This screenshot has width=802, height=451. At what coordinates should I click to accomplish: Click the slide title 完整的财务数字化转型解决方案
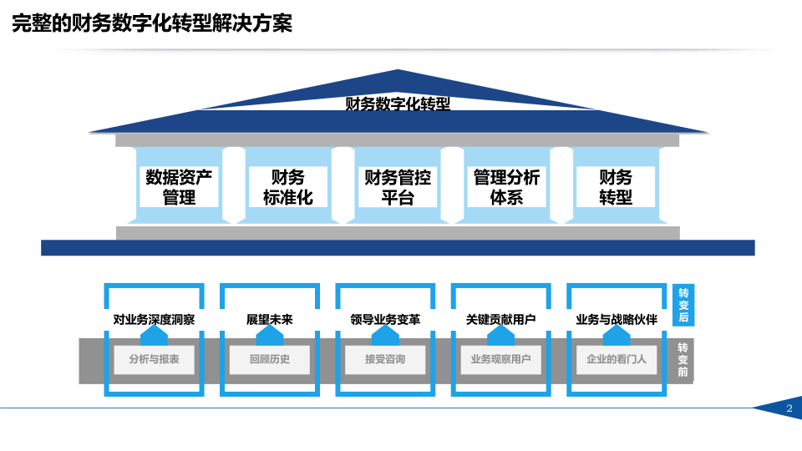[152, 23]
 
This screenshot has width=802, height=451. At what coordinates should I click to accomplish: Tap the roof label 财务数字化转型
[398, 104]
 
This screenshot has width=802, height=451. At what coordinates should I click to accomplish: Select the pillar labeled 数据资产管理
[179, 186]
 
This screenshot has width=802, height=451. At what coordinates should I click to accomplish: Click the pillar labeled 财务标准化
[288, 186]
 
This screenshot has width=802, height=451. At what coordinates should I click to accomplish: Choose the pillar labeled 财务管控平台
[398, 186]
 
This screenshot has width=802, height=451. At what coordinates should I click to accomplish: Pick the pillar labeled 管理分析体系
[506, 186]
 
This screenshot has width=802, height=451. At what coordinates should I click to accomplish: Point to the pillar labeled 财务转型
[616, 186]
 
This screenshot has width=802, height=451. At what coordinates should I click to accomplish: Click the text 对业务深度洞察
[154, 320]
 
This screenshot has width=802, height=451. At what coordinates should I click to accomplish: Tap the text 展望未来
[270, 320]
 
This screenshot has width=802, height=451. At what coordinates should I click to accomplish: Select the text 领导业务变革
[385, 320]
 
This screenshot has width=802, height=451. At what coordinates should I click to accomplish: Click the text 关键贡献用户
[500, 320]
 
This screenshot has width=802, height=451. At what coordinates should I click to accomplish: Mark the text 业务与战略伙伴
[617, 320]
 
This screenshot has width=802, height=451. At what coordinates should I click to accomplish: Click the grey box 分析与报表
[154, 359]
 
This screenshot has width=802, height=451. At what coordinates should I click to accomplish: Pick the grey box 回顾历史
[270, 359]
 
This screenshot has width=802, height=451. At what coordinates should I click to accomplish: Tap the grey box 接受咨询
[385, 359]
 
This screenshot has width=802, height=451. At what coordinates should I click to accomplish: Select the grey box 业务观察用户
[500, 359]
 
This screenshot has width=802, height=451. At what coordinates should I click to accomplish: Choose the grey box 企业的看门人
[617, 359]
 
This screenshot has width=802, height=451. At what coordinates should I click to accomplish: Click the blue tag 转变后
[683, 305]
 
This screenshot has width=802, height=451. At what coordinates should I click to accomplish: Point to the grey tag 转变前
[683, 359]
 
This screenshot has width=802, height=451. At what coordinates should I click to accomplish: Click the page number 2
[789, 408]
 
